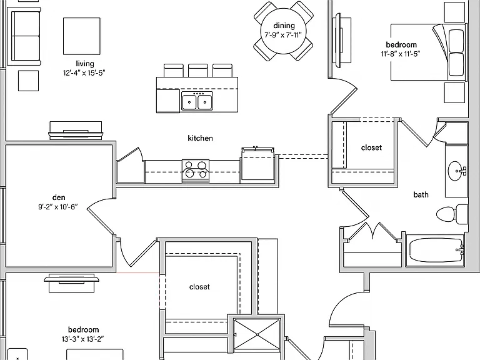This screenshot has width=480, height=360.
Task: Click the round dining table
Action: [284, 31]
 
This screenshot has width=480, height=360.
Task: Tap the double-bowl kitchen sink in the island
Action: [197, 101]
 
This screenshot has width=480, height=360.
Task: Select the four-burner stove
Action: [196, 171]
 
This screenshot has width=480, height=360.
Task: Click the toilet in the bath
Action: [452, 214]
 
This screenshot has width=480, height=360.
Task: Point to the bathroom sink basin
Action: [456, 171]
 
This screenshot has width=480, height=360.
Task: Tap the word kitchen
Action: [200, 138]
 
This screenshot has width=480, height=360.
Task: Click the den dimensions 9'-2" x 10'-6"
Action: [58, 207]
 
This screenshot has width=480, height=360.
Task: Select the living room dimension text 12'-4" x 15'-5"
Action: [84, 73]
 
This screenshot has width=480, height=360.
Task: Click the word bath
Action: [421, 194]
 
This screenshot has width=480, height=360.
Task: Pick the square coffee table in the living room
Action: [82, 36]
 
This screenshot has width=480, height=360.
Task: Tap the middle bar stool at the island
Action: [197, 71]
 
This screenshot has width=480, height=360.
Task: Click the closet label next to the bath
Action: [371, 147]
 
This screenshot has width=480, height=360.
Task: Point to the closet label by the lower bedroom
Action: [199, 287]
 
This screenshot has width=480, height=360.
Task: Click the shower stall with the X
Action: [257, 334]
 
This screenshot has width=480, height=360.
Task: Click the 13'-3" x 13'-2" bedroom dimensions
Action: [82, 339]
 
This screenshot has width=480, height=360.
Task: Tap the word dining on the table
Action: [284, 26]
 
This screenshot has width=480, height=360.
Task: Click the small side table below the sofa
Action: [29, 81]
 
